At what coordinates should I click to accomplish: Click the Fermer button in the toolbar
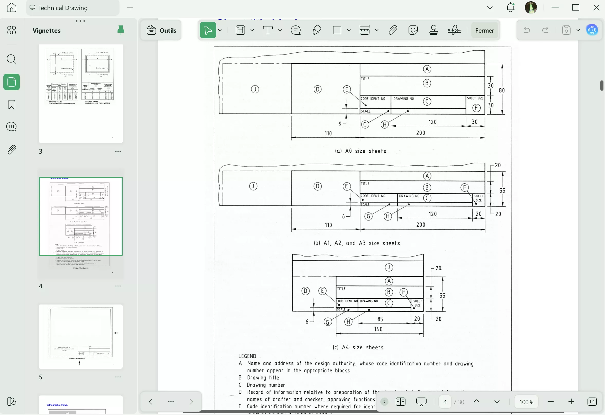click(x=484, y=30)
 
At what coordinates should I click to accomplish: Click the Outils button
click(x=161, y=30)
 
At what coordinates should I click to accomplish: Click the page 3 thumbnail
click(x=80, y=94)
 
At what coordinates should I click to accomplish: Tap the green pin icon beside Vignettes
click(x=121, y=30)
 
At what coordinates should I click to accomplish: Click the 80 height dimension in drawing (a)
click(x=502, y=90)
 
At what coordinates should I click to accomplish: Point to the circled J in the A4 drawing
click(x=389, y=267)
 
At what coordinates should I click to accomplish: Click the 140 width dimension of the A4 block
click(x=378, y=329)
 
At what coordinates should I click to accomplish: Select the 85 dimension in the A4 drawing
click(x=380, y=319)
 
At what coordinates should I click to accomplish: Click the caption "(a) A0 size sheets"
click(x=360, y=151)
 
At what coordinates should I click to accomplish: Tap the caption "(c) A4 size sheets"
click(x=358, y=347)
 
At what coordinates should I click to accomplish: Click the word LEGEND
click(x=247, y=356)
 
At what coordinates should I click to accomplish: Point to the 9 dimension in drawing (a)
click(x=340, y=124)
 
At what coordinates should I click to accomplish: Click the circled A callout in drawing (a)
click(x=427, y=69)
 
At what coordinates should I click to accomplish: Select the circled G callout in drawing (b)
click(x=368, y=216)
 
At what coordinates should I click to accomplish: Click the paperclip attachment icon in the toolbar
click(x=393, y=30)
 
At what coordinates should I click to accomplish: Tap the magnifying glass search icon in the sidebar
click(x=12, y=59)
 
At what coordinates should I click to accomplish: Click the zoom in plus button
click(x=571, y=402)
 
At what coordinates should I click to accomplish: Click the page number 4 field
click(x=445, y=402)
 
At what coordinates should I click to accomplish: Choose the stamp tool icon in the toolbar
click(x=434, y=30)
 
